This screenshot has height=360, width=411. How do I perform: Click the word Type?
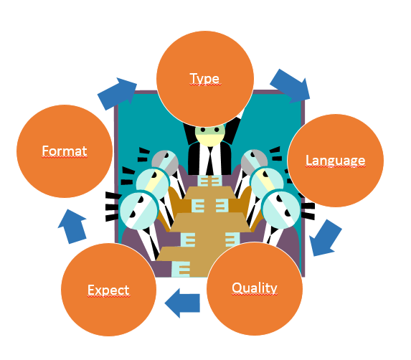click(x=205, y=79)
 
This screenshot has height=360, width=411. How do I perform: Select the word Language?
click(x=336, y=161)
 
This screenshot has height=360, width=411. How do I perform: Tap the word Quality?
click(x=255, y=288)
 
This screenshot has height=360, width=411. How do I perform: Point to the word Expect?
click(x=108, y=290)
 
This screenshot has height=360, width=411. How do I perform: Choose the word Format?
click(x=65, y=151)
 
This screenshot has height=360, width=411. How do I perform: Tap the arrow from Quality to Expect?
click(x=182, y=303)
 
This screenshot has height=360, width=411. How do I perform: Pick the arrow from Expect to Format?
click(x=72, y=227)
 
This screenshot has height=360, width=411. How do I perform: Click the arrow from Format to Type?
click(x=118, y=93)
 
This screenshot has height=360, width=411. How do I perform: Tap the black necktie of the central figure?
click(x=209, y=161)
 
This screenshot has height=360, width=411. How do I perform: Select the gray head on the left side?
click(x=165, y=162)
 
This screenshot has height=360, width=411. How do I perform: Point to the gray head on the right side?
click(x=254, y=161)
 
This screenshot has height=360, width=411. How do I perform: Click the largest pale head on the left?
click(x=139, y=210)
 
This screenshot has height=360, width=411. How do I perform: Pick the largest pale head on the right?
click(x=281, y=209)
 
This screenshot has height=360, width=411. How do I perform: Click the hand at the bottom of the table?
click(x=181, y=269)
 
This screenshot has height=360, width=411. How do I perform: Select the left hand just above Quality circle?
click(x=232, y=240)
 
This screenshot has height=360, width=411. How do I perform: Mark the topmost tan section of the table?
click(x=209, y=193)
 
